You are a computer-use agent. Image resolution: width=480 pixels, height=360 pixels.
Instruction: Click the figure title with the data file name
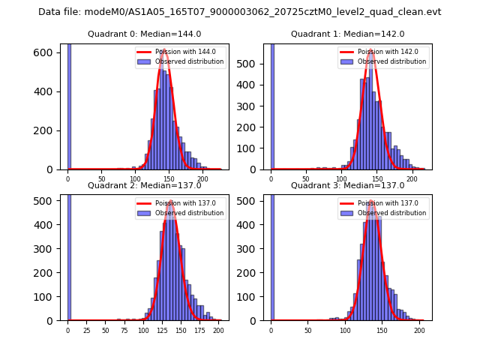tap(240, 12)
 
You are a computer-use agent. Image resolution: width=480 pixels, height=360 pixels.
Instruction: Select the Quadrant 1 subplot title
tap(348, 34)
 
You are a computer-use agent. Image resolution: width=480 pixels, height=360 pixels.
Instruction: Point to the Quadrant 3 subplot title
tap(348, 185)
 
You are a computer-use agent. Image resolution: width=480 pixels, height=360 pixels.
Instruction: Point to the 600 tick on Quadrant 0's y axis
tap(52, 52)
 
